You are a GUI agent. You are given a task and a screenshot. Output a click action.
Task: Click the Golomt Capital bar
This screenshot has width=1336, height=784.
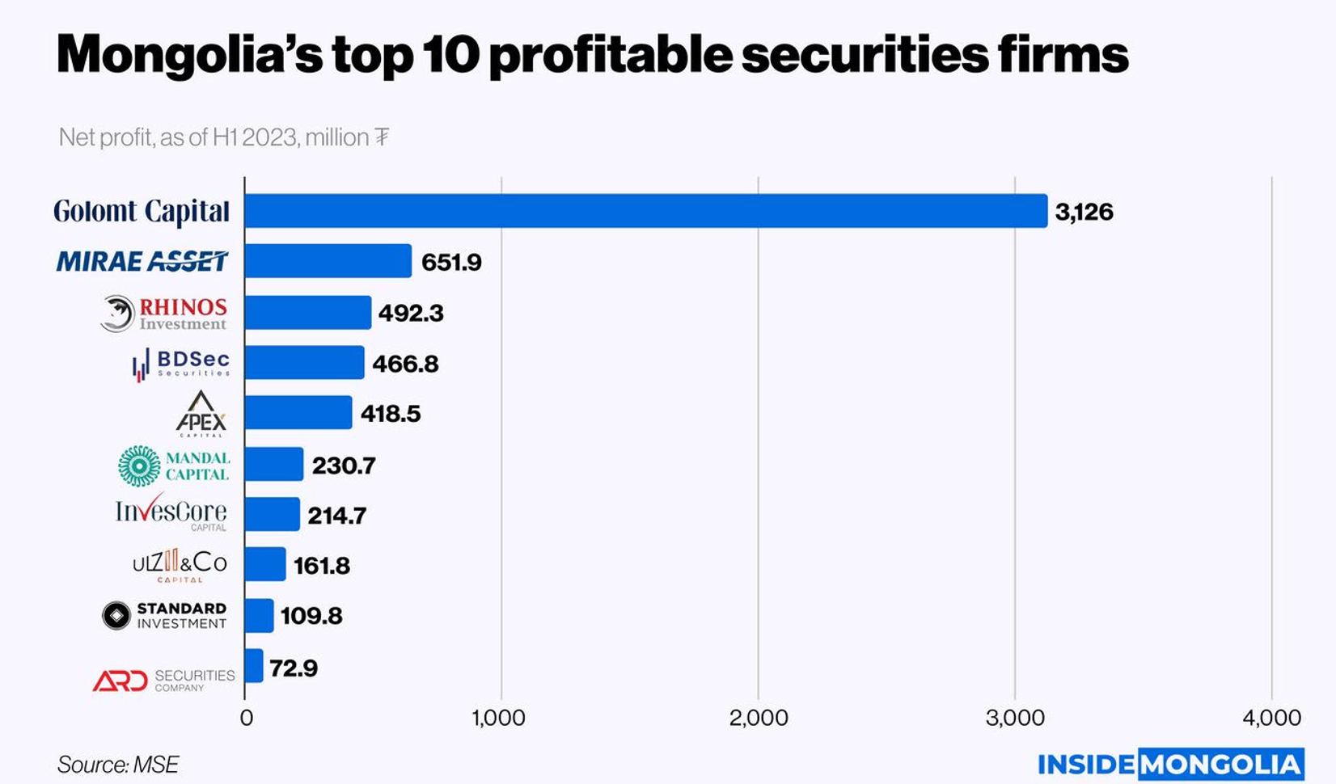coord(645,211)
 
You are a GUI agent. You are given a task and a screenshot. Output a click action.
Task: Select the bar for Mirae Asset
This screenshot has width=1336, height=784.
coord(328,261)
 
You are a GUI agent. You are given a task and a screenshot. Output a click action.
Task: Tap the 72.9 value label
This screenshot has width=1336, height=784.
coord(294,668)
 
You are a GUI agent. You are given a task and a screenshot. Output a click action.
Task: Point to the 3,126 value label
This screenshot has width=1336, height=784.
coord(1084,212)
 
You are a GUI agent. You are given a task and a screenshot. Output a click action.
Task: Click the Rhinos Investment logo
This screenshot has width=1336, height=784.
coord(164,314)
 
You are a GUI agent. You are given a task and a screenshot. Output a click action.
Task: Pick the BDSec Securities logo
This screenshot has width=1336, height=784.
coord(181,364)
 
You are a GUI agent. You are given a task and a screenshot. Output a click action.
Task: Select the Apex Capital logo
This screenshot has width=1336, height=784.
coord(201,414)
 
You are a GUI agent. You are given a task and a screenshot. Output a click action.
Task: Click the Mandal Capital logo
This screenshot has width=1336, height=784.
coord(175,466)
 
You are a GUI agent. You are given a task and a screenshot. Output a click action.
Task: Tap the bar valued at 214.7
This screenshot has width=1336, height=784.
coord(272,514)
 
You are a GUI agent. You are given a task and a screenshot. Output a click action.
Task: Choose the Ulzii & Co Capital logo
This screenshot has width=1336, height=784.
coord(180,565)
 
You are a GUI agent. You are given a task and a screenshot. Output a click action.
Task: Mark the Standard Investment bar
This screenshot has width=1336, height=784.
coord(259,615)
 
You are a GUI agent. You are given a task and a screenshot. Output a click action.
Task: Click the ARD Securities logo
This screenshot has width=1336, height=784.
coord(164,680)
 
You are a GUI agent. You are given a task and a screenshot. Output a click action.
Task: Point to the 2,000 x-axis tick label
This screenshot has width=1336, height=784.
coord(758,718)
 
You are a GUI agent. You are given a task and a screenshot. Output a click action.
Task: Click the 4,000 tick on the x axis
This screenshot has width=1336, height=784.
coord(1271,718)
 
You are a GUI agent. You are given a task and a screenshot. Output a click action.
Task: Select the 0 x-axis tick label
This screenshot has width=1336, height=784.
coord(246,718)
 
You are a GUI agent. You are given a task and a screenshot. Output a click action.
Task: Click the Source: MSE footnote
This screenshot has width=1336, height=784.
coord(118,765)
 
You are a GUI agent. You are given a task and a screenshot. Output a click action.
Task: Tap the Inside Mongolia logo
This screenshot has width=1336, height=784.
coord(1170,764)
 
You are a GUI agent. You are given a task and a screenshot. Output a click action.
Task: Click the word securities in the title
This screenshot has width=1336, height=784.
coord(865,55)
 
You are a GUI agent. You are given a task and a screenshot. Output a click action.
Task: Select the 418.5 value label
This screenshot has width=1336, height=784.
coord(391,414)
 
